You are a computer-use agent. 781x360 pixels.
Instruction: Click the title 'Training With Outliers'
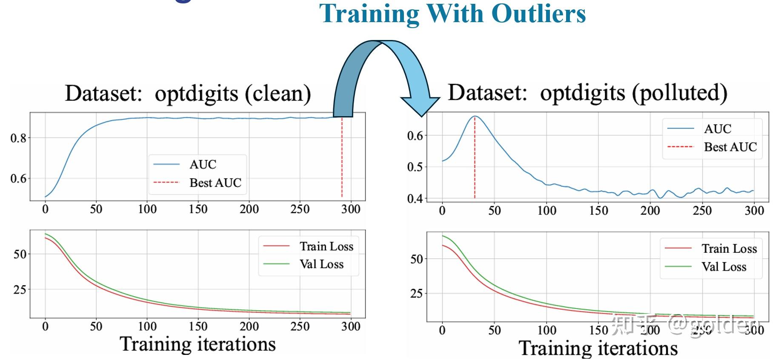pyautogui.click(x=452, y=14)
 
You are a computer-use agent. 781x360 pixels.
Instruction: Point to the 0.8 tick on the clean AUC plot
pyautogui.click(x=18, y=138)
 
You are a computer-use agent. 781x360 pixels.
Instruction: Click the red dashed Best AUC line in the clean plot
pyautogui.click(x=342, y=162)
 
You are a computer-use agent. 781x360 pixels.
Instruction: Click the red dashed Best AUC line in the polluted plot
pyautogui.click(x=475, y=162)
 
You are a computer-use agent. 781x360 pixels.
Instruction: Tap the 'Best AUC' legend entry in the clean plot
pyautogui.click(x=215, y=183)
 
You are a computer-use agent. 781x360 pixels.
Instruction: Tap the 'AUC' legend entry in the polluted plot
pyautogui.click(x=718, y=129)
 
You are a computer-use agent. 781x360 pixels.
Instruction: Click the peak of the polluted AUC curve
pyautogui.click(x=475, y=116)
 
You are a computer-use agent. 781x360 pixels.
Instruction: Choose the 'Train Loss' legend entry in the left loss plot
pyautogui.click(x=326, y=246)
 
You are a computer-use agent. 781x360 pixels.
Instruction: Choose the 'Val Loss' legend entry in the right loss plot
pyautogui.click(x=724, y=267)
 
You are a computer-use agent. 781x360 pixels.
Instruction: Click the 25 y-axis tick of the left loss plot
pyautogui.click(x=20, y=290)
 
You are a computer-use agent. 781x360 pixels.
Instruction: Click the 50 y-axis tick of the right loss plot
pyautogui.click(x=417, y=259)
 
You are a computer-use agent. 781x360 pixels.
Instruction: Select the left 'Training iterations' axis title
pyautogui.click(x=197, y=344)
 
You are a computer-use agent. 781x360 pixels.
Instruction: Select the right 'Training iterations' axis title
pyautogui.click(x=598, y=348)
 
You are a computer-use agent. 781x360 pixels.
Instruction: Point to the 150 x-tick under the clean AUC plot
pyautogui.click(x=198, y=209)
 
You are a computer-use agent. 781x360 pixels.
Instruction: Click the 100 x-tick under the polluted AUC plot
pyautogui.click(x=546, y=210)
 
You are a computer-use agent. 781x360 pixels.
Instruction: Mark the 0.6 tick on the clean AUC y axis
pyautogui.click(x=18, y=178)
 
